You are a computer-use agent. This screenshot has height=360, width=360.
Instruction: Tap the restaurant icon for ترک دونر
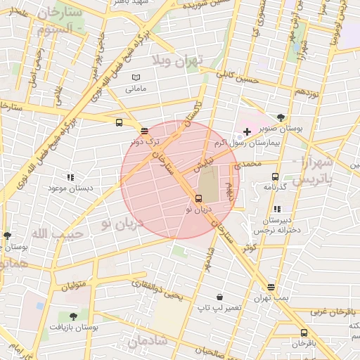coord(144,131)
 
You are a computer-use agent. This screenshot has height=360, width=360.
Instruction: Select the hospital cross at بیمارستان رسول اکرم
coord(247,131)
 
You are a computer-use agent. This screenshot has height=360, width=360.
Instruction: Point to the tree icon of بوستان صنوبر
coord(281,117)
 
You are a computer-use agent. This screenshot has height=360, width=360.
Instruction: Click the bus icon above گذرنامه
coord(274,177)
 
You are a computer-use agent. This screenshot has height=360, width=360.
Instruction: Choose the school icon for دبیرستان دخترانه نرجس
coord(277,209)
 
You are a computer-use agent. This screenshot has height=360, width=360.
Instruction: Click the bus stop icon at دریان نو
coord(198,198)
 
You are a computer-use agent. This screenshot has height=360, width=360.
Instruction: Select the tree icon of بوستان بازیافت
coord(73,316)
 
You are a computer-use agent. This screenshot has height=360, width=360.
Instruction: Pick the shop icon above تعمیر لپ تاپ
coord(219,297)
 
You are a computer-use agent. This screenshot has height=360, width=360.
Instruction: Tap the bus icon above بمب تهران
coord(271,287)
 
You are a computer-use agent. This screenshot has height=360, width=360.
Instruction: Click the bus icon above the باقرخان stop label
coord(304,333)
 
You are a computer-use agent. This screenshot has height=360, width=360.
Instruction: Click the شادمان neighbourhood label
coord(147,342)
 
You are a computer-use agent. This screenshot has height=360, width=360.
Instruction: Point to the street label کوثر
coord(249,247)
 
